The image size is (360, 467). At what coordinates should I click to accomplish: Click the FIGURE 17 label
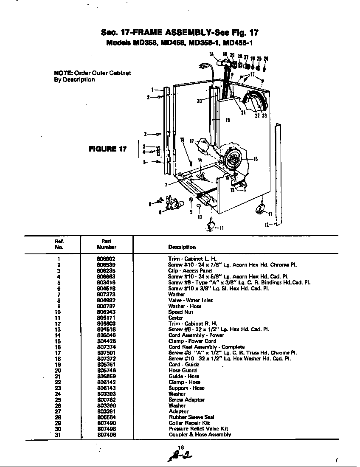pyautogui.click(x=107, y=149)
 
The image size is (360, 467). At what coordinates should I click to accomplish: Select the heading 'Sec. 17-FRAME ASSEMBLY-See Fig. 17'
pyautogui.click(x=180, y=33)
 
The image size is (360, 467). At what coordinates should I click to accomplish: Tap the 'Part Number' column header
pyautogui.click(x=106, y=244)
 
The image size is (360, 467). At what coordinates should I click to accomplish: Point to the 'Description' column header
pyautogui.click(x=182, y=247)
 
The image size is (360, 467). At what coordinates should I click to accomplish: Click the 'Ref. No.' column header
pyautogui.click(x=59, y=244)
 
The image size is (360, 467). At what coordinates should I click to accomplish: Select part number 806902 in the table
pyautogui.click(x=106, y=259)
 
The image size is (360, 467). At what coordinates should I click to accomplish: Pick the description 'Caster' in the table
pyautogui.click(x=175, y=318)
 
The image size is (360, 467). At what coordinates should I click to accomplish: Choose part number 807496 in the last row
pyautogui.click(x=106, y=434)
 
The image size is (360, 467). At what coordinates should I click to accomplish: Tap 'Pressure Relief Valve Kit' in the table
pyautogui.click(x=198, y=429)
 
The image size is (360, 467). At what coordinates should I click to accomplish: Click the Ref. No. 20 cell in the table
pyautogui.click(x=59, y=370)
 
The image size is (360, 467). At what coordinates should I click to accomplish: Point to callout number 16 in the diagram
pyautogui.click(x=256, y=160)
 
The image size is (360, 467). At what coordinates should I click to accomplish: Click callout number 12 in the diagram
pyautogui.click(x=267, y=225)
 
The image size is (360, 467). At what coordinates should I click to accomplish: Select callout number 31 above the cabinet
pyautogui.click(x=211, y=54)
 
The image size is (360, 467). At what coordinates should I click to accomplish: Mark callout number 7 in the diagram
pyautogui.click(x=166, y=185)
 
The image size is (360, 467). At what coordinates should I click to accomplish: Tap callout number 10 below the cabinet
pyautogui.click(x=200, y=217)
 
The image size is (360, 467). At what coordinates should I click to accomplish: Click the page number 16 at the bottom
pyautogui.click(x=180, y=448)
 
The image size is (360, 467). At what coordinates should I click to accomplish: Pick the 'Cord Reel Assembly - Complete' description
pyautogui.click(x=206, y=347)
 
